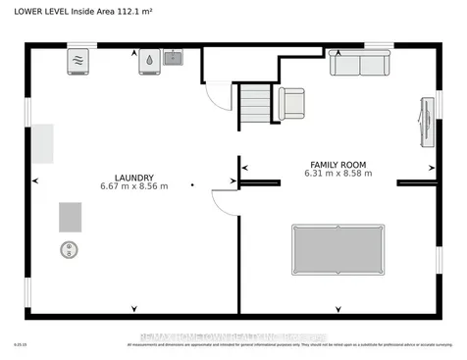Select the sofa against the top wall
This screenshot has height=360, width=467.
pos(358,64)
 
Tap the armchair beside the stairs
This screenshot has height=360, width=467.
pos(291,102)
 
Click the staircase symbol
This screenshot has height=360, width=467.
pos(254,104)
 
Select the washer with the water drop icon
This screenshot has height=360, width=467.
pos(148,60)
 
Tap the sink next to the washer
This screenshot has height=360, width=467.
pos(173,58)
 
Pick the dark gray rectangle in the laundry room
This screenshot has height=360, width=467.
pos(71,216)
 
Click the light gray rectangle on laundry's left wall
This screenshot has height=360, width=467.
pos(41,144)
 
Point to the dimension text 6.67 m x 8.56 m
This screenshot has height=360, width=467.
pos(133,185)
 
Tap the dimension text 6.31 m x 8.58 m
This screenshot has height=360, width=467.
pos(337,175)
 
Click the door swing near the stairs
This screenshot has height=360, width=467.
pos(215,95)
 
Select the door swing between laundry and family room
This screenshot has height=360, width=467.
pos(226,202)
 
